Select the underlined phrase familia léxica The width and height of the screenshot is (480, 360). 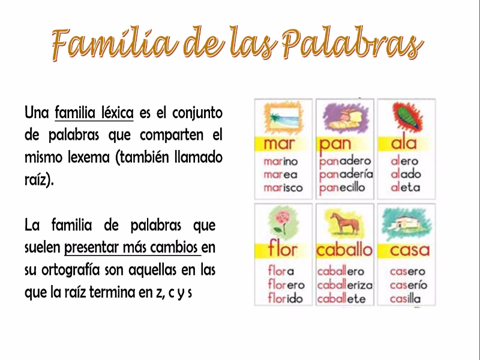pos(94,112)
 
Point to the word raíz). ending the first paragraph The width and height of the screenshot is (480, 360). pos(39,179)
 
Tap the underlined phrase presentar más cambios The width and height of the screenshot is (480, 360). pos(131,247)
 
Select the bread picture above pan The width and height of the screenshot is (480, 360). pos(344,117)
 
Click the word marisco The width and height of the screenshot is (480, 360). pos(283,188)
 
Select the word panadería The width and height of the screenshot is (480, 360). pos(346,175)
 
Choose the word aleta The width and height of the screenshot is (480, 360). pos(406,187)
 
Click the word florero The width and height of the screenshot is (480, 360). pos(286,284)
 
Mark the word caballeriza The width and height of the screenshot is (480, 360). pos(345,285)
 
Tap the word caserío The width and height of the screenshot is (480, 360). pos(409,285)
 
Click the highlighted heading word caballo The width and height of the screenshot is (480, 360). pos(344,250)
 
